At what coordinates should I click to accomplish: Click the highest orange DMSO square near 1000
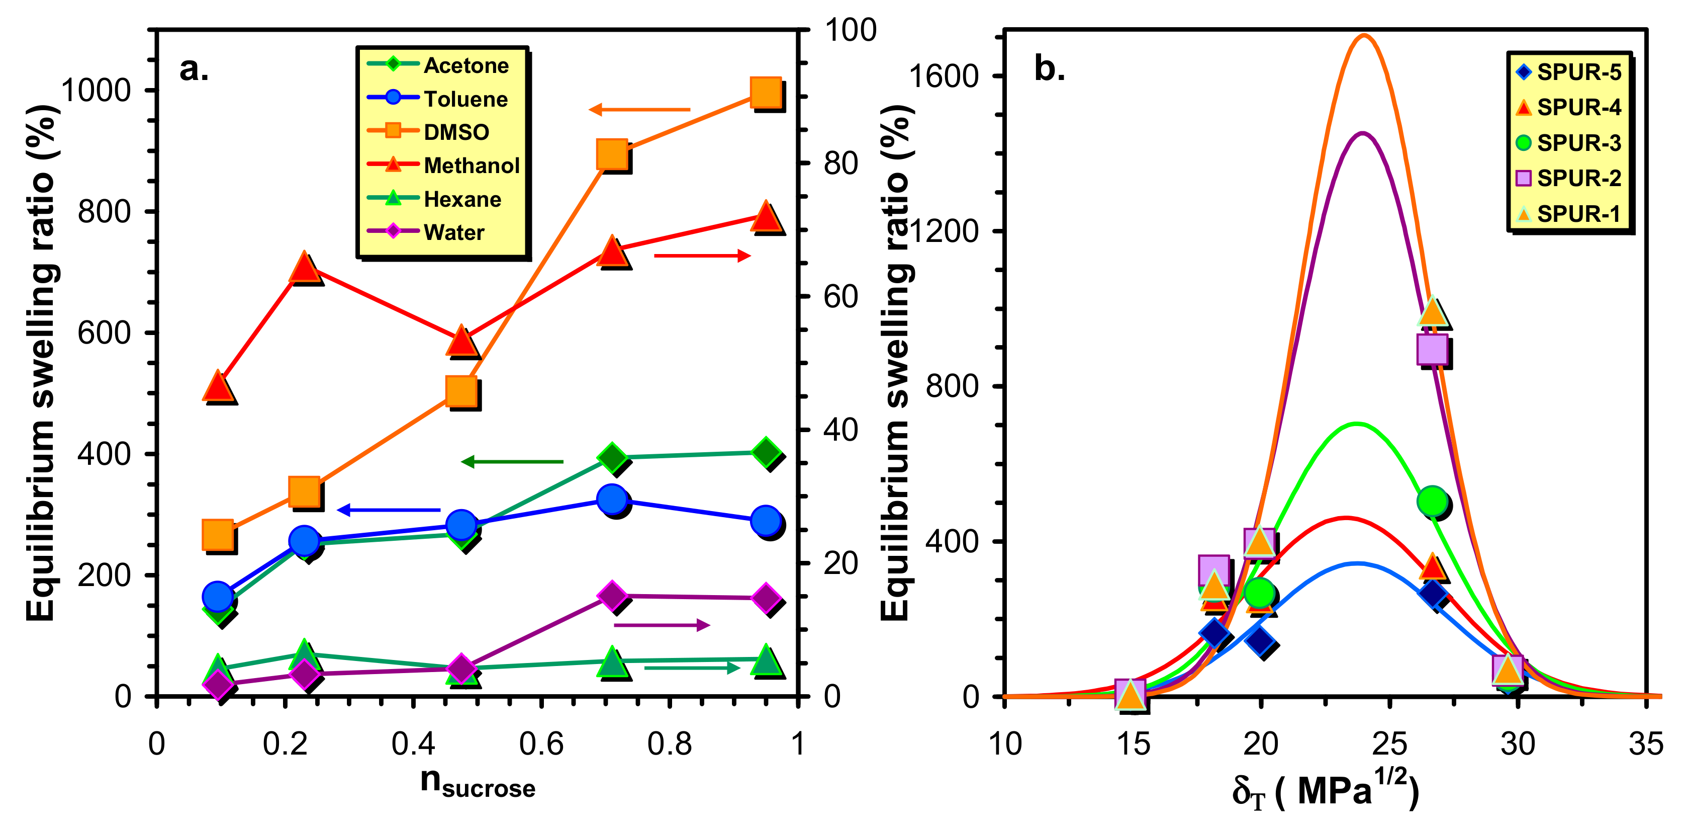[766, 92]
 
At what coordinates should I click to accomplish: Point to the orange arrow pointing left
[639, 110]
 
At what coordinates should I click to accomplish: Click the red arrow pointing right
[702, 255]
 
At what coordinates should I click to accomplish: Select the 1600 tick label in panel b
[943, 76]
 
